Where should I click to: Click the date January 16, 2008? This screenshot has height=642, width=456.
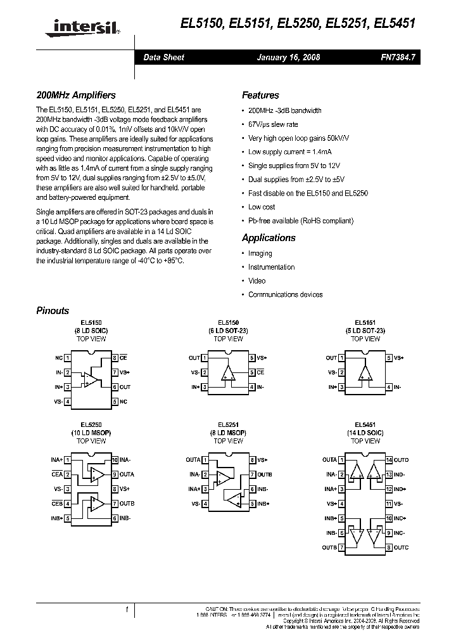288,57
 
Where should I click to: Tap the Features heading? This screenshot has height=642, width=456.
260,95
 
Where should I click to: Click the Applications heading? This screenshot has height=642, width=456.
269,238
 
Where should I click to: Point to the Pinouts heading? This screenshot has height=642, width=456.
53,311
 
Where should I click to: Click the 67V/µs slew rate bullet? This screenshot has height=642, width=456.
273,124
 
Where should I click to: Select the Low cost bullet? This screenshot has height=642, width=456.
262,207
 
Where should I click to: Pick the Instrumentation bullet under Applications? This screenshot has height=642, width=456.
271,267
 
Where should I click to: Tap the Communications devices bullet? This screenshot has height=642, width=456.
285,294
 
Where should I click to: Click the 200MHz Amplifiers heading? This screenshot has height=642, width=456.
75,95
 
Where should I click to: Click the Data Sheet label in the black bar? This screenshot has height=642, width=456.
163,57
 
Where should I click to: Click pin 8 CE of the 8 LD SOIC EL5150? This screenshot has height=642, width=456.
123,358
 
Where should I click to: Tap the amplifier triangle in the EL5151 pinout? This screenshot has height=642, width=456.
366,373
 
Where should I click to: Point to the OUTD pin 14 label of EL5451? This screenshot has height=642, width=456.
402,459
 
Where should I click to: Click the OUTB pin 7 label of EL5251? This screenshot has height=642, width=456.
265,475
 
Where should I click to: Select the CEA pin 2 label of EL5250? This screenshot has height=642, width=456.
57,474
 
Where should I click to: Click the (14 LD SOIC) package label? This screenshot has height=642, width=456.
365,433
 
